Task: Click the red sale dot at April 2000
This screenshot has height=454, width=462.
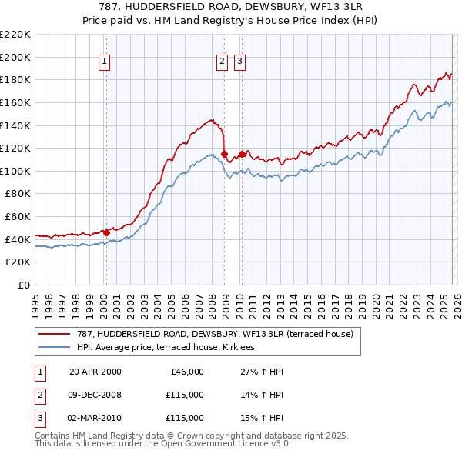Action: (106, 232)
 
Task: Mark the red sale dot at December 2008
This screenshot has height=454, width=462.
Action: (224, 154)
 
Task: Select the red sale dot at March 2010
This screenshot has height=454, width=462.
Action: (241, 154)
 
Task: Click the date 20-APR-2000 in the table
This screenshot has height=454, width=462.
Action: (95, 372)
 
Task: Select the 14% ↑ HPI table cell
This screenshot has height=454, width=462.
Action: (256, 395)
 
